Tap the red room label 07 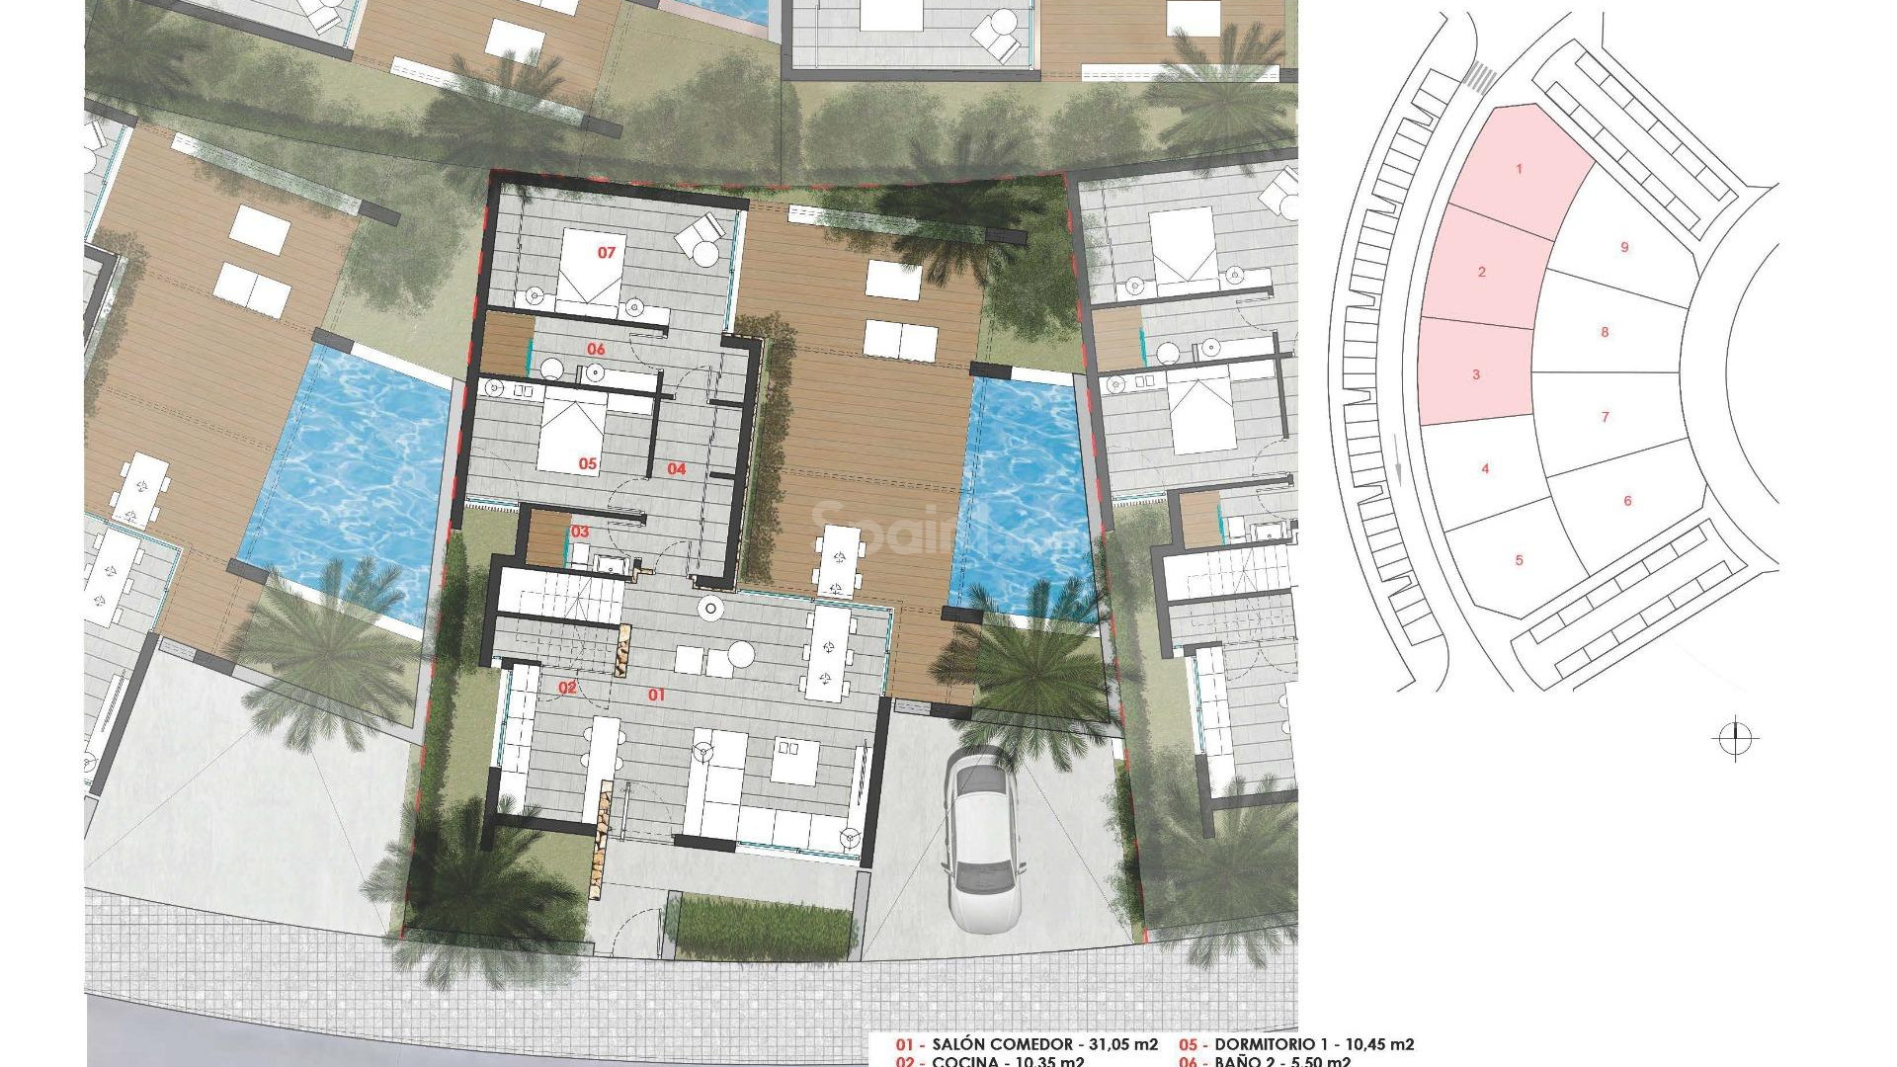606,253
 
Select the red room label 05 588,463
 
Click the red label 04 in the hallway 676,469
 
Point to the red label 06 596,350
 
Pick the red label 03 580,533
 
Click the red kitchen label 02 567,688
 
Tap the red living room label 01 656,696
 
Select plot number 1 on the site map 1519,169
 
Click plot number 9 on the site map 1624,247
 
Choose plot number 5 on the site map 1519,560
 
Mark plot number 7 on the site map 1605,417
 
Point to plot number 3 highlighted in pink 1476,374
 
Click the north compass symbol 1735,738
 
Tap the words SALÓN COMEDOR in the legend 1001,1044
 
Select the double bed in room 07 589,267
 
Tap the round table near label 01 740,653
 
